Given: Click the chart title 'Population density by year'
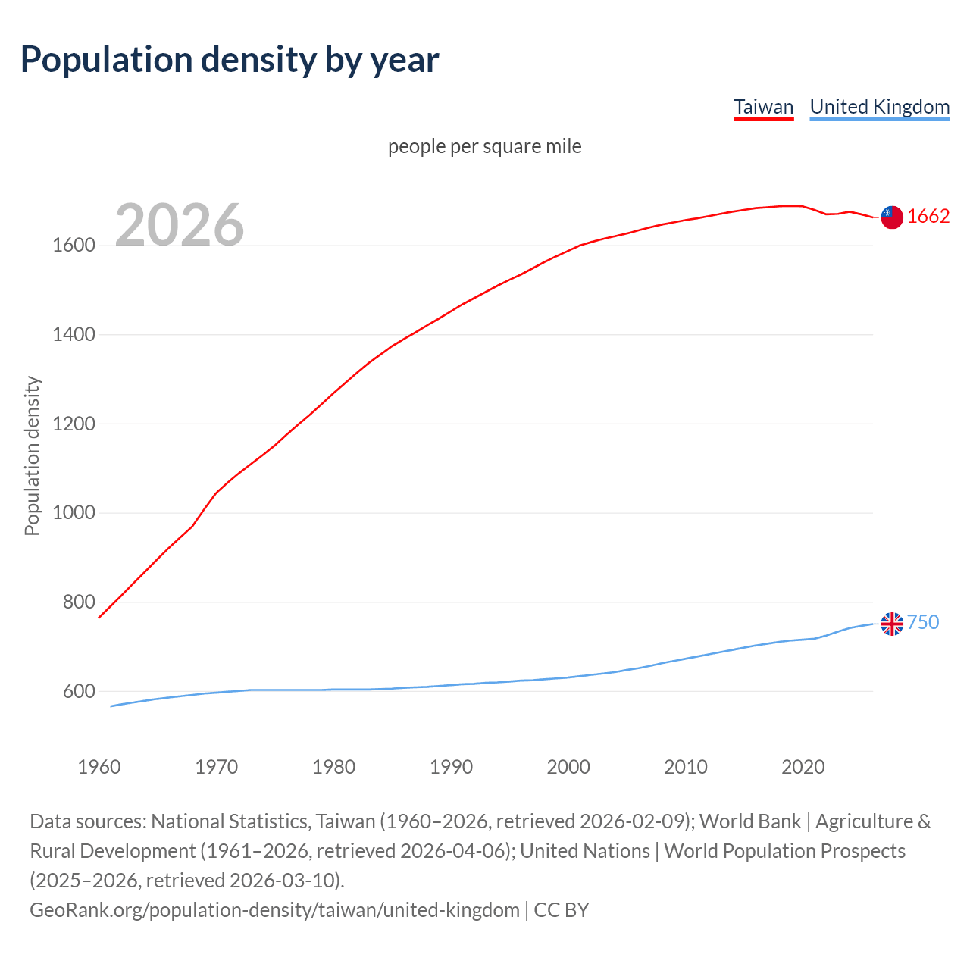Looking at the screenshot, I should pos(230,60).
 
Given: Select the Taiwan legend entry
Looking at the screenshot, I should pos(763,107).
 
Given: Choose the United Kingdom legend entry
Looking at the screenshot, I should pos(879,107).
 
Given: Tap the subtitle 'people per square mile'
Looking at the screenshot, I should pos(484,146).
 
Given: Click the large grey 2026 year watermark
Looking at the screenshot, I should pos(180,224).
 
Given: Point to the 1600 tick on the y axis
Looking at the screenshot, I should pos(74,246).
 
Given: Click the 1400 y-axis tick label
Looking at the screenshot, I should pos(74,334).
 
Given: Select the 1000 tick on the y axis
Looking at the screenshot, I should pos(74,513).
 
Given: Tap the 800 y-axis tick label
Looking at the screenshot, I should pos(79,602).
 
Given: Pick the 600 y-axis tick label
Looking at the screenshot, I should pos(79,691).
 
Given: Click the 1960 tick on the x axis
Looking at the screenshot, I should pos(99,767).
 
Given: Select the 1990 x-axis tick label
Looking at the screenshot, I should pos(451,767).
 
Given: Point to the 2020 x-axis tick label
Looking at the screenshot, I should pos(803,767).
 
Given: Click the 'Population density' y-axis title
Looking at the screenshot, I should pos(32,456).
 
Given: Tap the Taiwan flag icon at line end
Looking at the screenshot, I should pos(892,217).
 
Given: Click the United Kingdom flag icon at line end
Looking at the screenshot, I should pos(892,624).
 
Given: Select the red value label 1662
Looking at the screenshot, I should pos(928,217).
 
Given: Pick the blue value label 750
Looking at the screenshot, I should pos(923,623).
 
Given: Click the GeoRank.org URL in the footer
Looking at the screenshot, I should pos(274,910).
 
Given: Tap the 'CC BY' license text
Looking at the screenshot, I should pos(562,910).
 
